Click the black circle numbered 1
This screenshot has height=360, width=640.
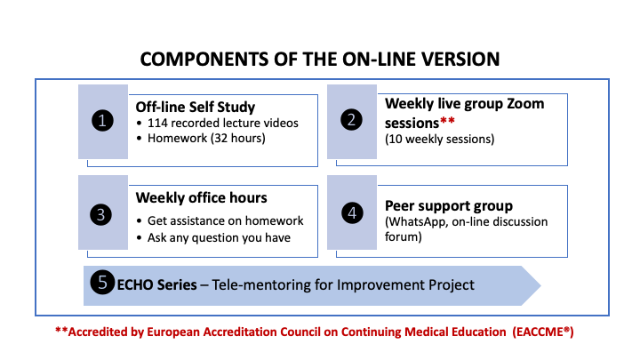tap(102, 121)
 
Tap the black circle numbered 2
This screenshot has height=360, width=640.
tap(351, 120)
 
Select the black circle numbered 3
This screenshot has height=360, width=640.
tap(100, 215)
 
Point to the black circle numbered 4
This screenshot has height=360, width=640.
tap(352, 212)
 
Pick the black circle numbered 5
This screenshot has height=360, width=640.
tap(102, 282)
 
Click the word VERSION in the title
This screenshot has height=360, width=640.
tap(460, 60)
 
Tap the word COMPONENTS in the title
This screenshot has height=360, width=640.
tap(204, 60)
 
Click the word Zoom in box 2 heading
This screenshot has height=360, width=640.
tap(525, 104)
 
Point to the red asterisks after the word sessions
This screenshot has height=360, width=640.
tap(447, 120)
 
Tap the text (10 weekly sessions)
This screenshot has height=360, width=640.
tap(440, 140)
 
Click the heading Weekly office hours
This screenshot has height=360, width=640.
tap(201, 198)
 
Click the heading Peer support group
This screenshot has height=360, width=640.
tap(449, 205)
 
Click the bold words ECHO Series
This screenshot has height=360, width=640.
tap(156, 285)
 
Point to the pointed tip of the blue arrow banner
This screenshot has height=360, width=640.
tap(540, 285)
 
